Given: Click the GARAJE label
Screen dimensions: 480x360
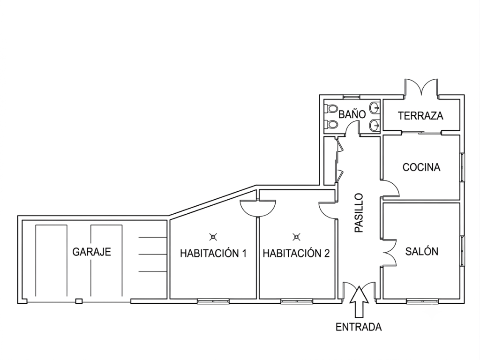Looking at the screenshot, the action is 91,252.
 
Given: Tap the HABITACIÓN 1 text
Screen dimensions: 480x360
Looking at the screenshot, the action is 213,254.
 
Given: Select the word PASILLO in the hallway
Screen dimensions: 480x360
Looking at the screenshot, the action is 359,212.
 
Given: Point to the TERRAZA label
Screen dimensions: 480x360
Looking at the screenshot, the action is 420,116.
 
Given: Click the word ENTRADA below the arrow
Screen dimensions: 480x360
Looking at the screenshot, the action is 359,327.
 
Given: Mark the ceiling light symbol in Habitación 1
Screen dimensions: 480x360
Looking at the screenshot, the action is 213,237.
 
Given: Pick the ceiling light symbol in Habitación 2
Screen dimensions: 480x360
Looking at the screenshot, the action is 296,237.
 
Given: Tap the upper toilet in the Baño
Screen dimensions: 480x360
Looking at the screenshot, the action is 330,108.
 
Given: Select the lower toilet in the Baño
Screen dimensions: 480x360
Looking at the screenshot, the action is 330,124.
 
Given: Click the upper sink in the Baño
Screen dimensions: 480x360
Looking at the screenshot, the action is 375,108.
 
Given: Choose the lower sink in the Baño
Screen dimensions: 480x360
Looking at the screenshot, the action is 375,125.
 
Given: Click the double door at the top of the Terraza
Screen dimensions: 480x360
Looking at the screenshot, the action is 421,87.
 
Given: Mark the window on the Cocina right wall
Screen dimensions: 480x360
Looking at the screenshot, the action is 462,167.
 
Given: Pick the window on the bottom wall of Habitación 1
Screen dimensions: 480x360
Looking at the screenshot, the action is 213,301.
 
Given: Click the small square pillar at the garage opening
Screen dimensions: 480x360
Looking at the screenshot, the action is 79,301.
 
